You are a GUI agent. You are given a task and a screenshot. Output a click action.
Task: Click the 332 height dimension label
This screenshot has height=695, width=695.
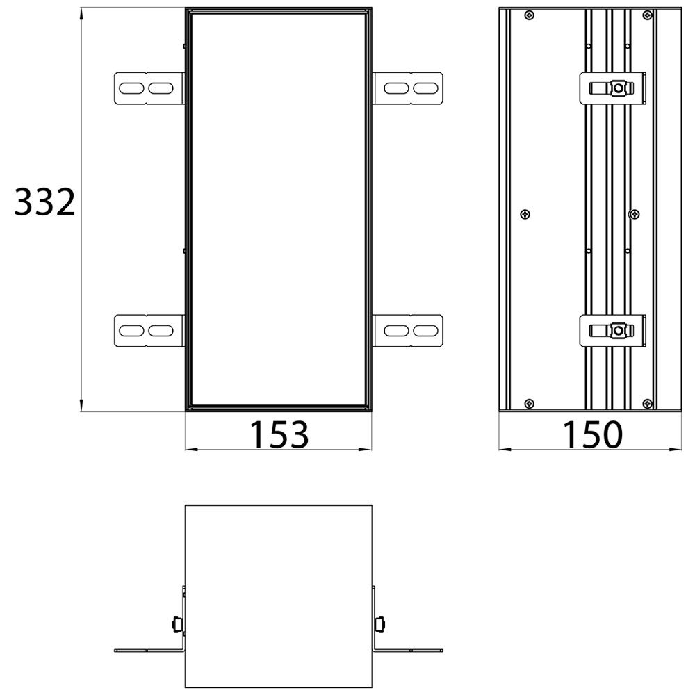44,202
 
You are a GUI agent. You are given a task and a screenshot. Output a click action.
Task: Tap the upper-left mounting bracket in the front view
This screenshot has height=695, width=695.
149,88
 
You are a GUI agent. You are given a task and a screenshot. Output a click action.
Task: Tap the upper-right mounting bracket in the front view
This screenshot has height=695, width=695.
408,88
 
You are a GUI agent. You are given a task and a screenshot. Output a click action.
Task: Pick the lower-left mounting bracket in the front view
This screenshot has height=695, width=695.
149,331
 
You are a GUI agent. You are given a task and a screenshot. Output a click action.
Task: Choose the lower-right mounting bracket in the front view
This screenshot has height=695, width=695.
408,331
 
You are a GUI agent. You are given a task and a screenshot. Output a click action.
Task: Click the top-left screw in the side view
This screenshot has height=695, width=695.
529,15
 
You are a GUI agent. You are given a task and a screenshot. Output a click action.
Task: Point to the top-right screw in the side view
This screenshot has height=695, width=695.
648,15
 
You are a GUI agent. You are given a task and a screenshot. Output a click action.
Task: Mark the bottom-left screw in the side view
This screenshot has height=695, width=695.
529,404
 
